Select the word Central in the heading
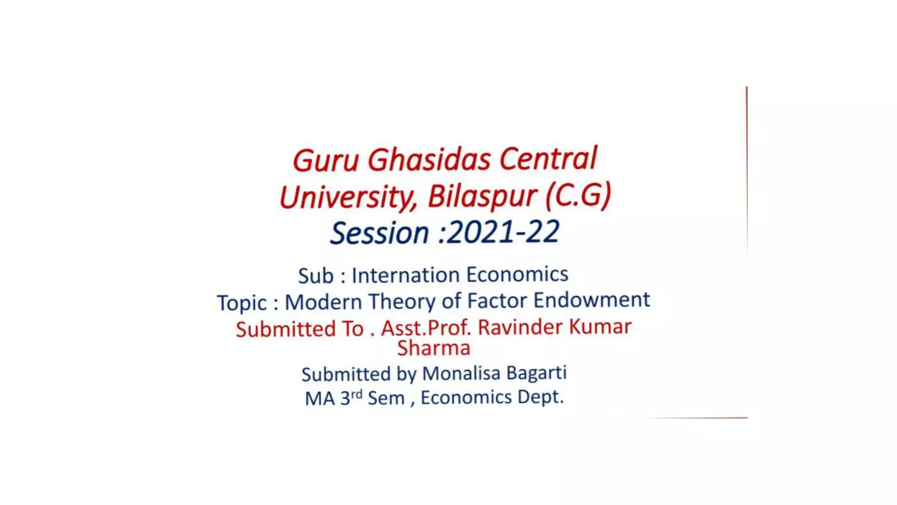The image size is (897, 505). (x=548, y=158)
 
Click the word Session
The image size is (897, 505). (x=379, y=233)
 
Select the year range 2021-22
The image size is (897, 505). (x=504, y=232)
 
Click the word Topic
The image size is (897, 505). (x=242, y=303)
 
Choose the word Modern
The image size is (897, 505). (x=323, y=302)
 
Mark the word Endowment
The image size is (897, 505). (x=591, y=300)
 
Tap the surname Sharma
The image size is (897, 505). (x=434, y=348)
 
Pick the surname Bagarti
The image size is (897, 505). (x=537, y=373)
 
